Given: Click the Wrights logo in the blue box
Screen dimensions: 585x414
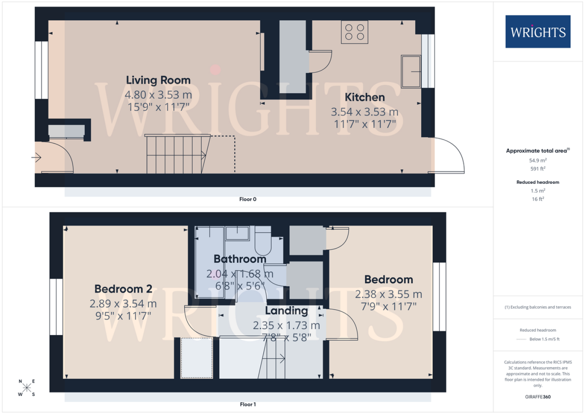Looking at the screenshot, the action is click(x=538, y=32).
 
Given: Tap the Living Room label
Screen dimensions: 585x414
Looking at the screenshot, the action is click(x=158, y=80).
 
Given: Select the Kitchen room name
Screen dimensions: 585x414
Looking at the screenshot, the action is click(x=364, y=97).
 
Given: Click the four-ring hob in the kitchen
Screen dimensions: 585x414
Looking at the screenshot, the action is click(x=354, y=32).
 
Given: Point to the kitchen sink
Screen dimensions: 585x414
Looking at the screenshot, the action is click(x=411, y=71).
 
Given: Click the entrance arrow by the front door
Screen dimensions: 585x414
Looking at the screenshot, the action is click(x=36, y=157).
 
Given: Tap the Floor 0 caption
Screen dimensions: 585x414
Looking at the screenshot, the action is click(x=248, y=199).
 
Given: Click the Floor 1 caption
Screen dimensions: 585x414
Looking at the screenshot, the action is click(x=248, y=404).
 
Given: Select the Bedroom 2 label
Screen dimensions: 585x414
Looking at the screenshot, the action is click(x=123, y=289).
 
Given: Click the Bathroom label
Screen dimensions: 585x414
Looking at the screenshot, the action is click(x=240, y=259).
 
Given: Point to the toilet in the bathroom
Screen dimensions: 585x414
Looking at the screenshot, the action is click(x=263, y=241).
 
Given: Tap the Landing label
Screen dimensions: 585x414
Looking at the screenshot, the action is click(x=287, y=311).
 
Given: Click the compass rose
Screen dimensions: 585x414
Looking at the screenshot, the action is click(x=27, y=388).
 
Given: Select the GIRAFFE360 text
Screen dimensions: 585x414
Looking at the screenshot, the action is click(x=538, y=397).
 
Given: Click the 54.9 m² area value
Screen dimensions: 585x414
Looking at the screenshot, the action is click(x=538, y=160).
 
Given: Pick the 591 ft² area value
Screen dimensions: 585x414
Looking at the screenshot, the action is click(x=538, y=169).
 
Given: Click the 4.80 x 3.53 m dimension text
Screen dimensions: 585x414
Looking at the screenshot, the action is click(x=158, y=94).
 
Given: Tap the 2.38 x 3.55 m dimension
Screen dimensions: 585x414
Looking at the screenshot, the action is click(x=389, y=294).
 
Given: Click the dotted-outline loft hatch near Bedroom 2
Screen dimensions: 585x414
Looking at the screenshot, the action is click(x=197, y=358).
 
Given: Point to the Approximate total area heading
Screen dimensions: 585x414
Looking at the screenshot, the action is click(x=538, y=151).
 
